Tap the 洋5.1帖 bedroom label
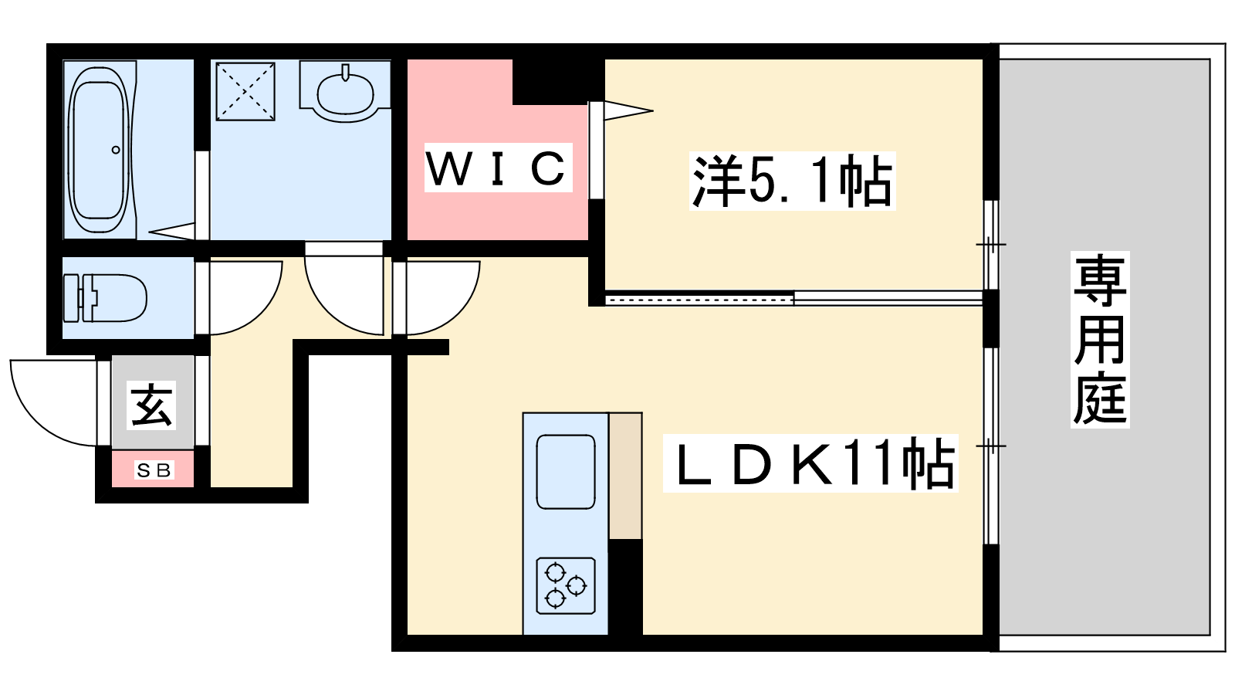(792, 181)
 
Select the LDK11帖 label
(811, 463)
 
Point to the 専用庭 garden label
(1100, 340)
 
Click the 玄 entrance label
(152, 405)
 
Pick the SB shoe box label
(154, 470)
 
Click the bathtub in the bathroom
(98, 149)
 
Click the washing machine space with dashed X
(245, 91)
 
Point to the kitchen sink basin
(566, 472)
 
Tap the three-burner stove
(566, 585)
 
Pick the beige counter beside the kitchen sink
(625, 475)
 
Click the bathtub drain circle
(116, 150)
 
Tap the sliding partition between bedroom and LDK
(795, 297)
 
